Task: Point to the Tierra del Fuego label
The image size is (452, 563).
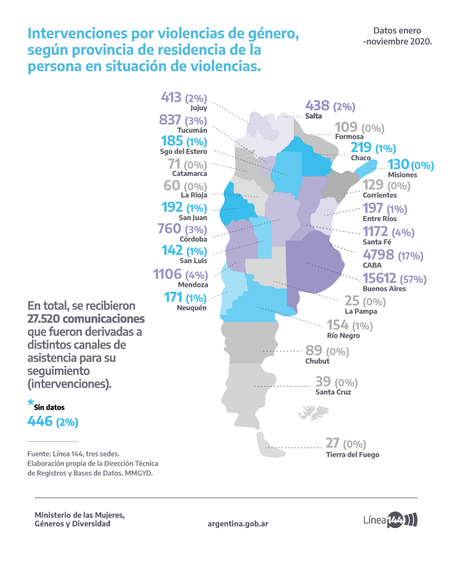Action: [x=352, y=454]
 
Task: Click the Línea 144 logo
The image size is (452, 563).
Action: [x=390, y=520]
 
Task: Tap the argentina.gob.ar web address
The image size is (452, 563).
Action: [x=238, y=523]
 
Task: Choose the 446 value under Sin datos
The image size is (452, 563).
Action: [x=40, y=421]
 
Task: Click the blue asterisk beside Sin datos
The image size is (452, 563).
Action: [x=31, y=403]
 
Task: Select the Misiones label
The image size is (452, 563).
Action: [x=403, y=175]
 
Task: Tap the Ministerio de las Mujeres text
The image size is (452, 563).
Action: [x=79, y=515]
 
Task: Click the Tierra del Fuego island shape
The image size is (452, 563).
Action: [x=270, y=446]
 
